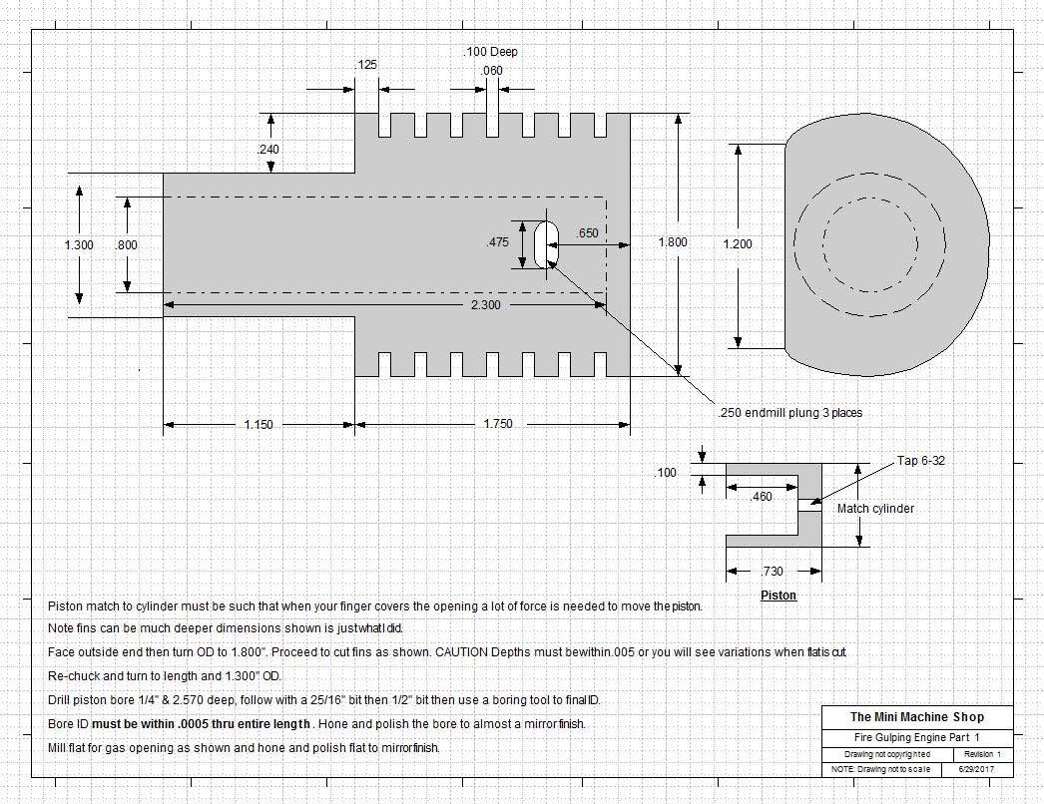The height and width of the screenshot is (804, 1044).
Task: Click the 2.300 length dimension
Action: (x=485, y=305)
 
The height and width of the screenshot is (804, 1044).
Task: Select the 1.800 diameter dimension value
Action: (x=672, y=242)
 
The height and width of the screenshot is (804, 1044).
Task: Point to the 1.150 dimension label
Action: (x=260, y=425)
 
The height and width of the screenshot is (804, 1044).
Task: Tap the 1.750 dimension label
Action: (x=496, y=425)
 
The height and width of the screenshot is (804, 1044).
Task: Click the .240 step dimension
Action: (x=267, y=150)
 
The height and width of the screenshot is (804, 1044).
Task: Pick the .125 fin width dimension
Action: (x=366, y=65)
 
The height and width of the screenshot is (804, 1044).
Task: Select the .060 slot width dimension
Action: (x=492, y=71)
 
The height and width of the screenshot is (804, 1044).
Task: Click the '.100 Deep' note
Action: (x=490, y=52)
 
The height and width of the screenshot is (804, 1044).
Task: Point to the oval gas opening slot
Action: (x=546, y=244)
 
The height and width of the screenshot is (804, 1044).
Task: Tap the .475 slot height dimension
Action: (x=497, y=242)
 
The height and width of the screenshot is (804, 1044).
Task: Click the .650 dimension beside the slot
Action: (x=588, y=233)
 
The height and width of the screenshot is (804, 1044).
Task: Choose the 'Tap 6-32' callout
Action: (x=920, y=461)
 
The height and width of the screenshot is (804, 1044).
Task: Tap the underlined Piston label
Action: (x=779, y=596)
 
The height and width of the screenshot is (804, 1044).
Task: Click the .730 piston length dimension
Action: (x=772, y=572)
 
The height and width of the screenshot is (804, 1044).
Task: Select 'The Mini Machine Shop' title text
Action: (x=916, y=717)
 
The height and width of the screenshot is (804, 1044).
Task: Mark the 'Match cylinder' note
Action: (x=875, y=509)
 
